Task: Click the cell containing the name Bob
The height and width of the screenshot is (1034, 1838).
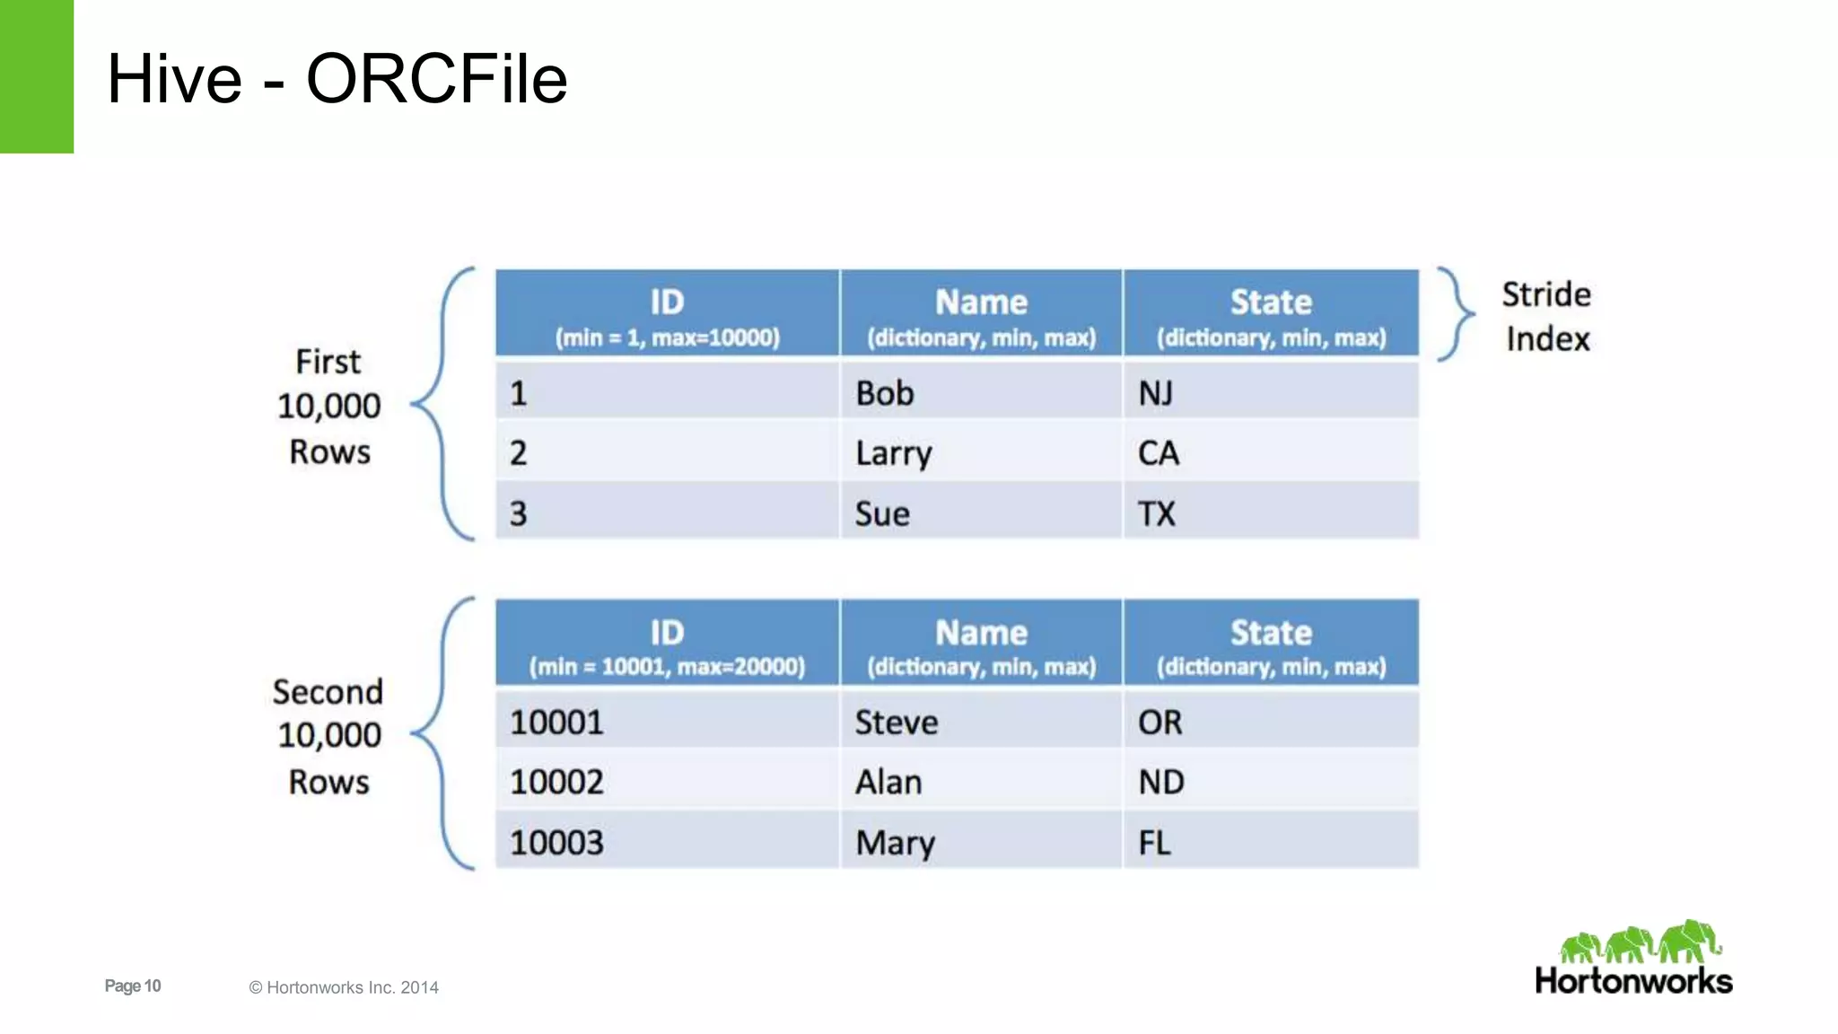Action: click(980, 393)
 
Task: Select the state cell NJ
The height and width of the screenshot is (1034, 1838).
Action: click(1270, 393)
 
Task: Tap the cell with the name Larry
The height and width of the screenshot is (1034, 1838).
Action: click(980, 452)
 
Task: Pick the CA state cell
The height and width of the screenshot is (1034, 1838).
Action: click(1270, 452)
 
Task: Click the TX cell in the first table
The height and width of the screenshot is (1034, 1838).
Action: click(1270, 513)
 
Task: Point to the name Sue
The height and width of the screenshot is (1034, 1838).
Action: click(980, 513)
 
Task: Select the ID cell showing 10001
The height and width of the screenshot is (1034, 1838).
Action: click(667, 723)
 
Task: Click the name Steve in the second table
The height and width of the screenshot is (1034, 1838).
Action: click(980, 723)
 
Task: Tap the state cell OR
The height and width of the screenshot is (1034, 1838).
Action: click(1270, 723)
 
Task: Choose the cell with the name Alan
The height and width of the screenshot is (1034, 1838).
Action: click(980, 782)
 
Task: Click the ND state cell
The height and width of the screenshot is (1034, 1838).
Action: click(1270, 782)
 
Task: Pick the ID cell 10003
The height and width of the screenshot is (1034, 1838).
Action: click(667, 842)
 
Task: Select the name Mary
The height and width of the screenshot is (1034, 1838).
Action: click(980, 842)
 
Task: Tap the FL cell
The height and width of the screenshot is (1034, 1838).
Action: click(1270, 842)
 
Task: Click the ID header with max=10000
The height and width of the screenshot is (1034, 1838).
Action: click(667, 314)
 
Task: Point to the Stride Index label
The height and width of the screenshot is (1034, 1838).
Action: click(1546, 316)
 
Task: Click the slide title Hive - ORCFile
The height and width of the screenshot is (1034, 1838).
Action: click(337, 79)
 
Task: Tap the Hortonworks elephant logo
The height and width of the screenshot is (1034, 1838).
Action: click(1639, 943)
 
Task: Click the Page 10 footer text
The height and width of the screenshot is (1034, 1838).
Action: click(133, 986)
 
